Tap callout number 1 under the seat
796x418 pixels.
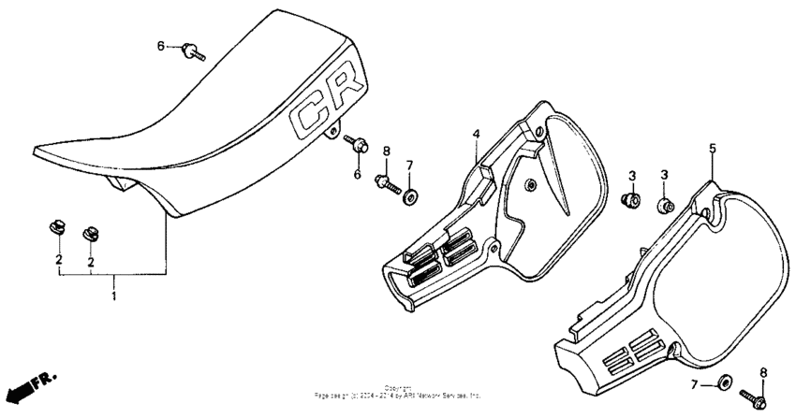(x=114, y=295)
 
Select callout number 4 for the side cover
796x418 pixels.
(x=476, y=134)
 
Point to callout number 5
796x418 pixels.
(x=712, y=148)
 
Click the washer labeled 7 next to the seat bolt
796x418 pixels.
(x=410, y=196)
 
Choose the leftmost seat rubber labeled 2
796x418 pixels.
(x=56, y=227)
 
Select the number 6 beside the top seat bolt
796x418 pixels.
(x=160, y=45)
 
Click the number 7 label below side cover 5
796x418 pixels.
(x=694, y=385)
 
